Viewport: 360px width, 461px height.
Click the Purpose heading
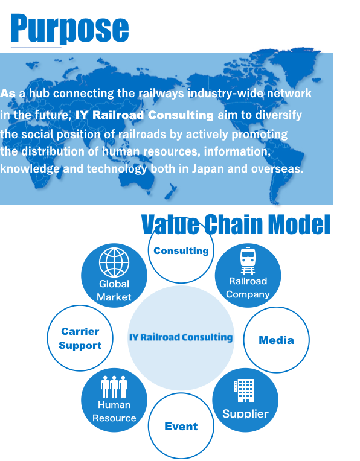tap(69, 29)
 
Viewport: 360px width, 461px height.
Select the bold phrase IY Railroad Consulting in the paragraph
tap(144, 115)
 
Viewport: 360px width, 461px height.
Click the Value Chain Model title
tap(236, 224)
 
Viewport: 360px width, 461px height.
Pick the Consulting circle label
tap(181, 251)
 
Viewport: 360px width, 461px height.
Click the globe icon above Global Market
tap(114, 262)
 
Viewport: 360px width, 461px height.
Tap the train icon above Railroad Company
tap(248, 261)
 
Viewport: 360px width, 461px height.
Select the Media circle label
tap(277, 340)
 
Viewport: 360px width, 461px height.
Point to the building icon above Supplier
tap(244, 391)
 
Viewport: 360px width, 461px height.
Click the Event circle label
tap(181, 427)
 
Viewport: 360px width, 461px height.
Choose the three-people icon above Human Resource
tap(114, 387)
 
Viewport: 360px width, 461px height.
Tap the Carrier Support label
tap(80, 339)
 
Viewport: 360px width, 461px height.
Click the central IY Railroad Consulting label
tap(181, 337)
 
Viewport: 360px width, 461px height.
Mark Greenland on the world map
tap(295, 65)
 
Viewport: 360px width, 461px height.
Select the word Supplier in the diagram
tap(245, 414)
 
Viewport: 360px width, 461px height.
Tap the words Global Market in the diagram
tap(114, 290)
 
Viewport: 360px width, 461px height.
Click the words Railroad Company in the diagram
tap(248, 288)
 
